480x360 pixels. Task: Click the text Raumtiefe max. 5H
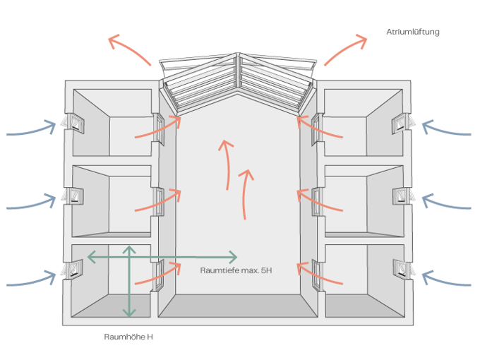235,270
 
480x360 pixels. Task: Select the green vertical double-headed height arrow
128,281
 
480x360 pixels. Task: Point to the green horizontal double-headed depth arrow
162,256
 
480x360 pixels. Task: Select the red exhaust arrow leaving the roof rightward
346,49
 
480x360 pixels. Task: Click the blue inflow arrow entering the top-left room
32,130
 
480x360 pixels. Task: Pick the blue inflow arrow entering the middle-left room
32,204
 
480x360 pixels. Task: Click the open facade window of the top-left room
72,124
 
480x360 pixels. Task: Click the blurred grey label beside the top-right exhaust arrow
413,32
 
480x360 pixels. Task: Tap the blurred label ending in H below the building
128,337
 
